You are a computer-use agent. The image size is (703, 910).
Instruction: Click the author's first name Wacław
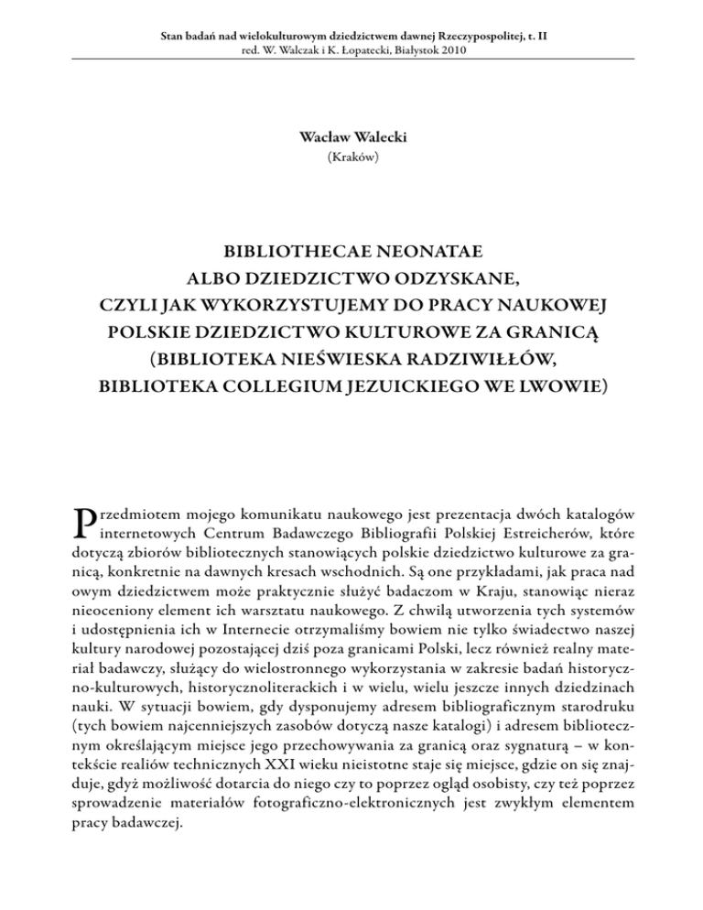point(321,136)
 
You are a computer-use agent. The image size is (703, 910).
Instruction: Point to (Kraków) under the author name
point(351,157)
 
